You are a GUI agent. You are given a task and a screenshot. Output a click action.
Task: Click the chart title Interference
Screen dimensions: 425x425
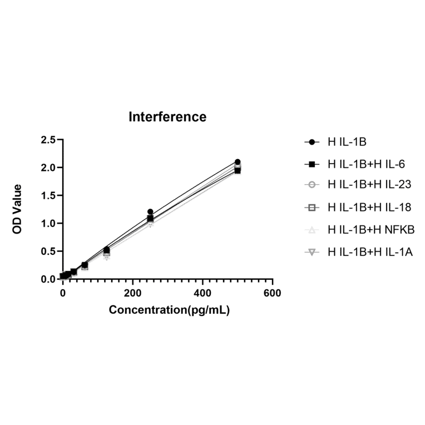pos(167,117)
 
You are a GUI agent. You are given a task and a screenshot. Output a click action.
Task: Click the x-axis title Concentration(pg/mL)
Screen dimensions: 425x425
pos(169,310)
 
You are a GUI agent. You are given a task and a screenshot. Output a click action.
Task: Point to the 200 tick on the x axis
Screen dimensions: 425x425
pos(132,293)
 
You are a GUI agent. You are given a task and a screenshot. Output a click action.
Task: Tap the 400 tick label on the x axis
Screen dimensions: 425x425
pos(202,293)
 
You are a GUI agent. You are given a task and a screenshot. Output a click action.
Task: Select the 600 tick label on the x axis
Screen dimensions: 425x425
pos(272,293)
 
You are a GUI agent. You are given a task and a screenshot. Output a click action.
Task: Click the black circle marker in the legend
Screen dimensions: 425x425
pos(312,142)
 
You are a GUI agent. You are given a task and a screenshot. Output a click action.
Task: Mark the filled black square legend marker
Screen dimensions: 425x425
pos(312,164)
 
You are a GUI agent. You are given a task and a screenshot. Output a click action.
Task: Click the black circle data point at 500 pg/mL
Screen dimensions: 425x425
pos(238,162)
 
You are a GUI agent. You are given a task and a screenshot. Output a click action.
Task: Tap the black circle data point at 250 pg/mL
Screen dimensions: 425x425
pos(150,212)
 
